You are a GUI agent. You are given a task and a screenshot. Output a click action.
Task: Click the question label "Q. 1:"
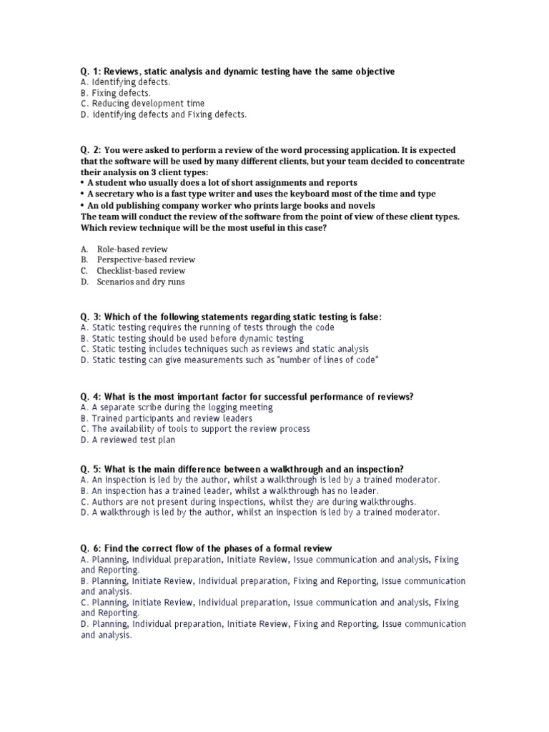91,71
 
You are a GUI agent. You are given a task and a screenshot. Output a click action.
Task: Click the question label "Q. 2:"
91,150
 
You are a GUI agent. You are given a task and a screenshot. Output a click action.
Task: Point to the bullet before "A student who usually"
83,183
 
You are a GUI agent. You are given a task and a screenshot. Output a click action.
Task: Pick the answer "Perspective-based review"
146,259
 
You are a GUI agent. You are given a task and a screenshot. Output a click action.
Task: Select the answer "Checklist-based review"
141,271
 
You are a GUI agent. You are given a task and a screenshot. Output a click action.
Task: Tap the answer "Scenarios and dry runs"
141,282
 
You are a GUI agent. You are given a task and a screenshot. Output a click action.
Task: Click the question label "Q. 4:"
91,397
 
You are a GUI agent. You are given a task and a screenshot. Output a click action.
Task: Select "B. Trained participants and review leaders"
167,418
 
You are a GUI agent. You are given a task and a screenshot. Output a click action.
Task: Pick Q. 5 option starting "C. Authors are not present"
248,501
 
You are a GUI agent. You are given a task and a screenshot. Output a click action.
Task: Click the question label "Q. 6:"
91,548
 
